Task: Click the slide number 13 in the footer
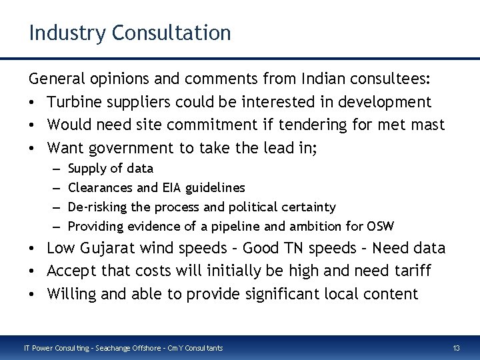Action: [456, 347]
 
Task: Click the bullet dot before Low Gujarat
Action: [33, 249]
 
